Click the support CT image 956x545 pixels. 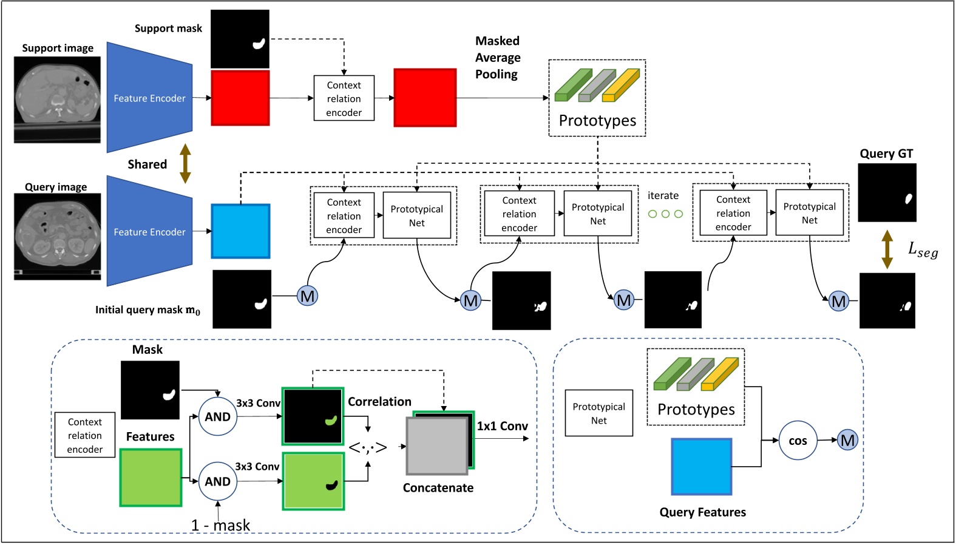click(x=58, y=100)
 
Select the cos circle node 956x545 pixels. click(x=798, y=441)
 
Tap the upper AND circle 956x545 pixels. click(x=217, y=417)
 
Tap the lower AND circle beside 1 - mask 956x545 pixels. click(x=217, y=481)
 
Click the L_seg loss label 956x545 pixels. click(x=923, y=249)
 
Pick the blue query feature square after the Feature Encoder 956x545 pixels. click(x=240, y=231)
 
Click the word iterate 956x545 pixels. click(x=663, y=196)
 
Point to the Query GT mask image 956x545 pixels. click(x=887, y=192)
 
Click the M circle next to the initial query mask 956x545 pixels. click(x=308, y=296)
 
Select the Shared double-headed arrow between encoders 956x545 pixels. click(x=185, y=164)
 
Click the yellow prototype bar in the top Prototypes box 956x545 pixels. click(x=620, y=86)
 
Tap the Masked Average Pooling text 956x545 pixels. click(x=497, y=58)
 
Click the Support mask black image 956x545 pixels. click(x=240, y=38)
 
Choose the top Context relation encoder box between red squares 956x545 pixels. click(x=344, y=98)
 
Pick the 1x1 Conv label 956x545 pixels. click(x=502, y=427)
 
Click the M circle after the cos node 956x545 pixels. click(x=847, y=441)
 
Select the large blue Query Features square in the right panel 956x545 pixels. click(x=701, y=467)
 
